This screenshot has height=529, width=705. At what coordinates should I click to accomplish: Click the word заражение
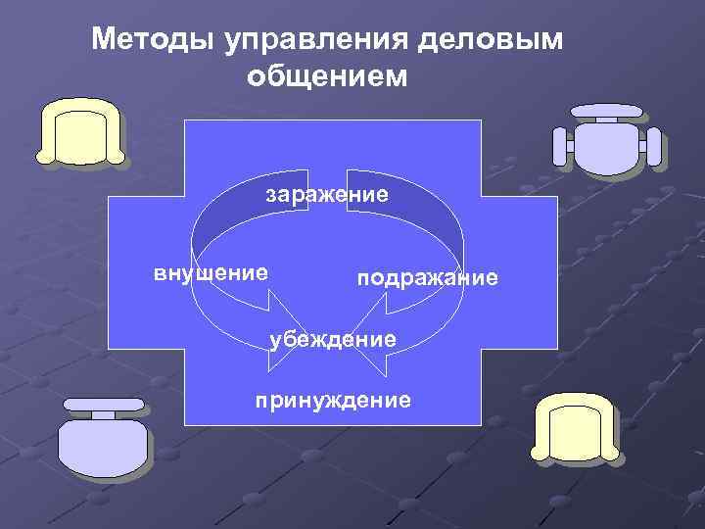pyautogui.click(x=327, y=194)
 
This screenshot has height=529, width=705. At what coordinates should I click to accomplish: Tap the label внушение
pyautogui.click(x=211, y=272)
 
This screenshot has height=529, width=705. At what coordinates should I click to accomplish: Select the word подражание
pyautogui.click(x=427, y=279)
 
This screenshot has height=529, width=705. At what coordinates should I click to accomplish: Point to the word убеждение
pyautogui.click(x=333, y=339)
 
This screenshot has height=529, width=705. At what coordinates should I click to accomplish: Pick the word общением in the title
pyautogui.click(x=326, y=76)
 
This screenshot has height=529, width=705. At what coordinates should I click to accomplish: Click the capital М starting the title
pyautogui.click(x=102, y=40)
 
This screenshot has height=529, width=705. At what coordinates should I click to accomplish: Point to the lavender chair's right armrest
pyautogui.click(x=653, y=148)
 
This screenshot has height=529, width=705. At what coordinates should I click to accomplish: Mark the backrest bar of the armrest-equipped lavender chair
pyautogui.click(x=607, y=110)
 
